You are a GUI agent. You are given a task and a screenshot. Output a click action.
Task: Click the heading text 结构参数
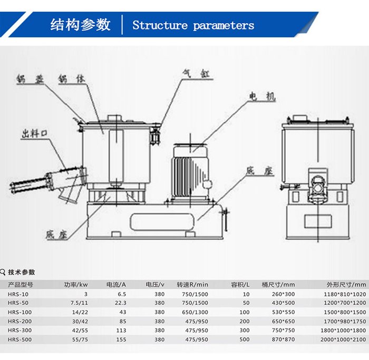[x=80, y=24]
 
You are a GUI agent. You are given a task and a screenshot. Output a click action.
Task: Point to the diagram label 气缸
[x=196, y=74]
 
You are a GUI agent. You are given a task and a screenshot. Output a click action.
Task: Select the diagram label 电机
[x=263, y=97]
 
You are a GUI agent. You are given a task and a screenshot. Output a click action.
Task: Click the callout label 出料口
[x=35, y=134]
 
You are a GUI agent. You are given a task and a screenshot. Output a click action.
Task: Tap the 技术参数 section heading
[x=22, y=272]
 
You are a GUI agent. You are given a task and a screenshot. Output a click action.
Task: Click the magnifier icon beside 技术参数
[x=4, y=272]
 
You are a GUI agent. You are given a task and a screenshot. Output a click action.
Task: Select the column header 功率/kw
[x=75, y=285]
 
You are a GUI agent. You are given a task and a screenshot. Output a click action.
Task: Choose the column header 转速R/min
[x=192, y=285]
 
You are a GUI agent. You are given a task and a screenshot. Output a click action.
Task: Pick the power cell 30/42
[x=80, y=322]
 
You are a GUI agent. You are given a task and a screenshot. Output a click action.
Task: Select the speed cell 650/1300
[x=195, y=312]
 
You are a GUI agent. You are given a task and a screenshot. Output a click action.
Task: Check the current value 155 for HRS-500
[x=122, y=339]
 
